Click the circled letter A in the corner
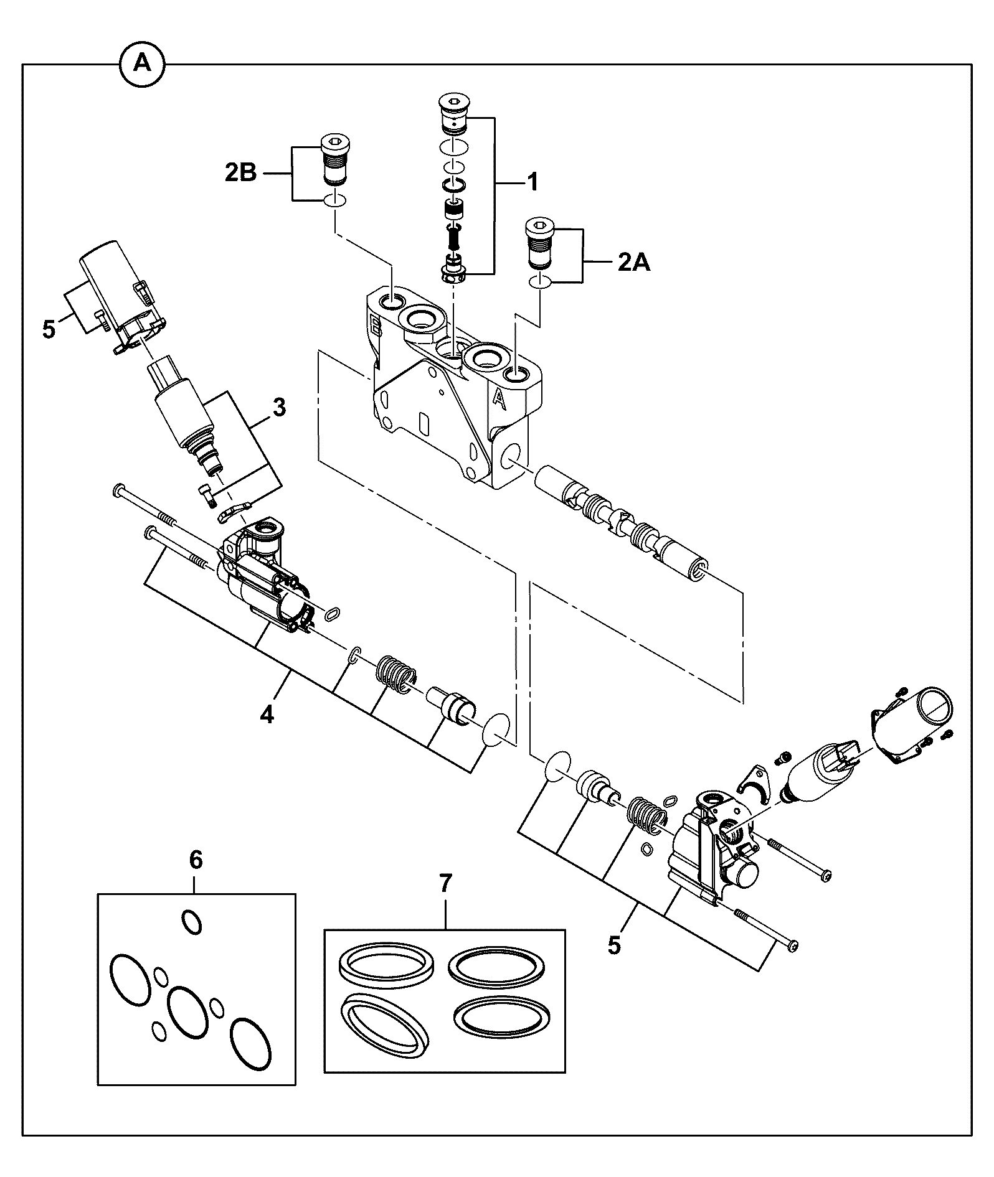pyautogui.click(x=143, y=63)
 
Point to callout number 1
pyautogui.click(x=532, y=182)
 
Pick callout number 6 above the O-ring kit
pyautogui.click(x=196, y=860)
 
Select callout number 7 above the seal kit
pyautogui.click(x=446, y=883)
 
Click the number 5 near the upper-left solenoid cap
pyautogui.click(x=49, y=329)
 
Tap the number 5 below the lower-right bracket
pyautogui.click(x=615, y=946)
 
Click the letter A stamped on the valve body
pyautogui.click(x=498, y=398)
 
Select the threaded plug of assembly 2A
pyautogui.click(x=540, y=242)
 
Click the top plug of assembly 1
pyautogui.click(x=455, y=113)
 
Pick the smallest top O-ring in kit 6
pyautogui.click(x=191, y=921)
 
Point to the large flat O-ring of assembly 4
pyautogui.click(x=498, y=728)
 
